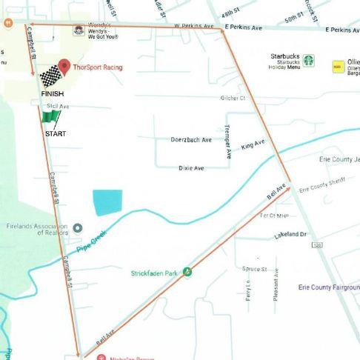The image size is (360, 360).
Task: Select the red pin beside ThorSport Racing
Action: coord(64,67)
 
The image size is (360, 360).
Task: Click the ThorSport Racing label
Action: coord(98,67)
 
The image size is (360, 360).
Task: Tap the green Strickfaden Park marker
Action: coord(187,272)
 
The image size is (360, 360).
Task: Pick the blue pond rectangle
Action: coord(107,202)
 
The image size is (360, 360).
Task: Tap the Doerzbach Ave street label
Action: coord(191,139)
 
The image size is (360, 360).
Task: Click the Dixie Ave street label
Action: coord(191,168)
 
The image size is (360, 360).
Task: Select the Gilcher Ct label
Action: coord(232,98)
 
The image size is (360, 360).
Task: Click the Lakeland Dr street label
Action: coord(290,234)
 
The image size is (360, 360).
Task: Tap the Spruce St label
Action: coord(254,268)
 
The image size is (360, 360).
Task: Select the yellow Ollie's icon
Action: coord(338,67)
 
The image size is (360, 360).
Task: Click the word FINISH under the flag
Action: coord(52,94)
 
